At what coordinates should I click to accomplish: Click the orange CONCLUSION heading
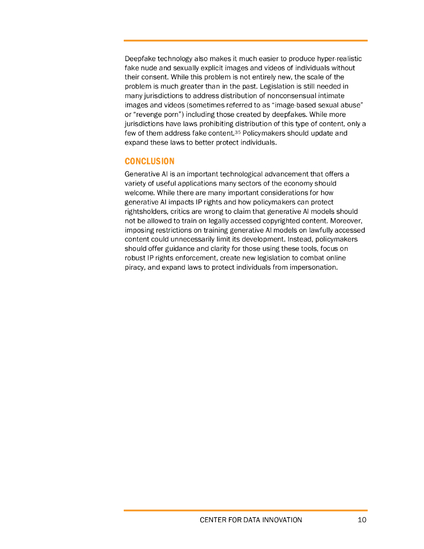[x=150, y=161]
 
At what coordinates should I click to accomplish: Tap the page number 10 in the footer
[x=362, y=520]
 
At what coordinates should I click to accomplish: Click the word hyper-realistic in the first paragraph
[x=340, y=58]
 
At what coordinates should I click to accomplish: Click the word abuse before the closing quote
[x=344, y=106]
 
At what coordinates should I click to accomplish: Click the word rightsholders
[x=145, y=211]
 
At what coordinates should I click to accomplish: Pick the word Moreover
[x=348, y=220]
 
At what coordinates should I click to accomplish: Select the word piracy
[x=135, y=268]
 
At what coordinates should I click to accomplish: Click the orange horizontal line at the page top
[x=246, y=40]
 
